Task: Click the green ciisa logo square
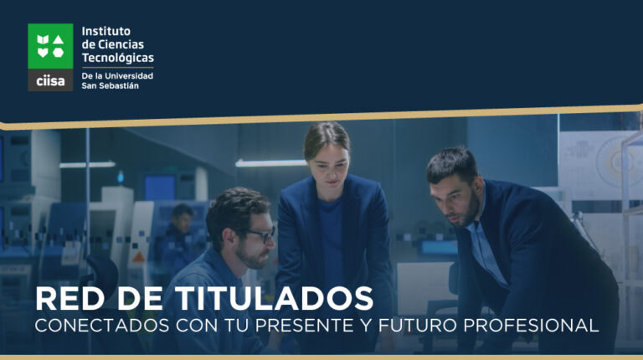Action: pyautogui.click(x=50, y=46)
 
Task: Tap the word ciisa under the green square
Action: pyautogui.click(x=50, y=80)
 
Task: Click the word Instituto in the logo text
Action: pyautogui.click(x=105, y=31)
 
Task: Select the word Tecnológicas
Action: pyautogui.click(x=118, y=59)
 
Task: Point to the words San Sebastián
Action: pyautogui.click(x=110, y=85)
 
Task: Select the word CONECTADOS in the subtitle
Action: pyautogui.click(x=102, y=326)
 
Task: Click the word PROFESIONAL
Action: pyautogui.click(x=531, y=326)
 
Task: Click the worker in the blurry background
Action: pyautogui.click(x=179, y=238)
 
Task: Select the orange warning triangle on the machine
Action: pyautogui.click(x=139, y=258)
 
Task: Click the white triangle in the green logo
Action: pyautogui.click(x=59, y=39)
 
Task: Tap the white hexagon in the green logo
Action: pyautogui.click(x=59, y=53)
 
